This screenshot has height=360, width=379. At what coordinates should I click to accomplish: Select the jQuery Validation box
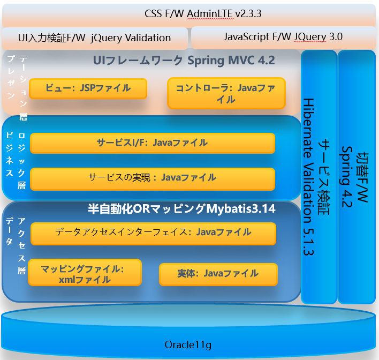(95, 38)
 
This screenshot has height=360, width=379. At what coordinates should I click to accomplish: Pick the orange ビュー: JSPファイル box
(88, 88)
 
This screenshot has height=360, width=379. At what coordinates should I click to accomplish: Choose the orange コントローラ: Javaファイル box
(226, 93)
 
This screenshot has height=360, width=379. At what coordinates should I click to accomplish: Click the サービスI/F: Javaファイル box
(152, 143)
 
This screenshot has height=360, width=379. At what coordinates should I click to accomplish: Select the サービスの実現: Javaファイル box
(152, 177)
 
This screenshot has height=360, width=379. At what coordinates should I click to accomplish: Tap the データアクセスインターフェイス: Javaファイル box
(153, 232)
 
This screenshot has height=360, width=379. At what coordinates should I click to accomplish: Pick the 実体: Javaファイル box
(218, 274)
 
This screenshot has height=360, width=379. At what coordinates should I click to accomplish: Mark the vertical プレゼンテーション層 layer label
(16, 86)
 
